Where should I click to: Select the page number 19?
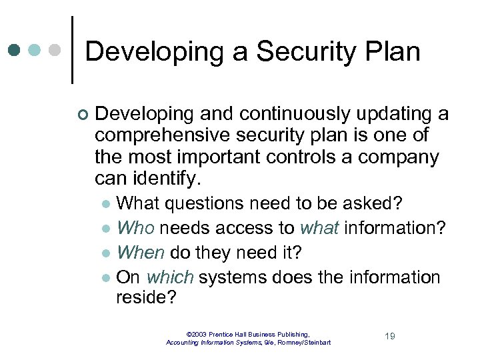tap(389, 336)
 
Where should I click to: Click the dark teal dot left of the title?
tap(15, 51)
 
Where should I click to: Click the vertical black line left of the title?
tap(72, 50)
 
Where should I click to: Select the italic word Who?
tap(135, 228)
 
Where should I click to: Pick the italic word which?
tap(170, 277)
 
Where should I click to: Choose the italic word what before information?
tap(319, 228)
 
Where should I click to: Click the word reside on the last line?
tap(145, 297)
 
